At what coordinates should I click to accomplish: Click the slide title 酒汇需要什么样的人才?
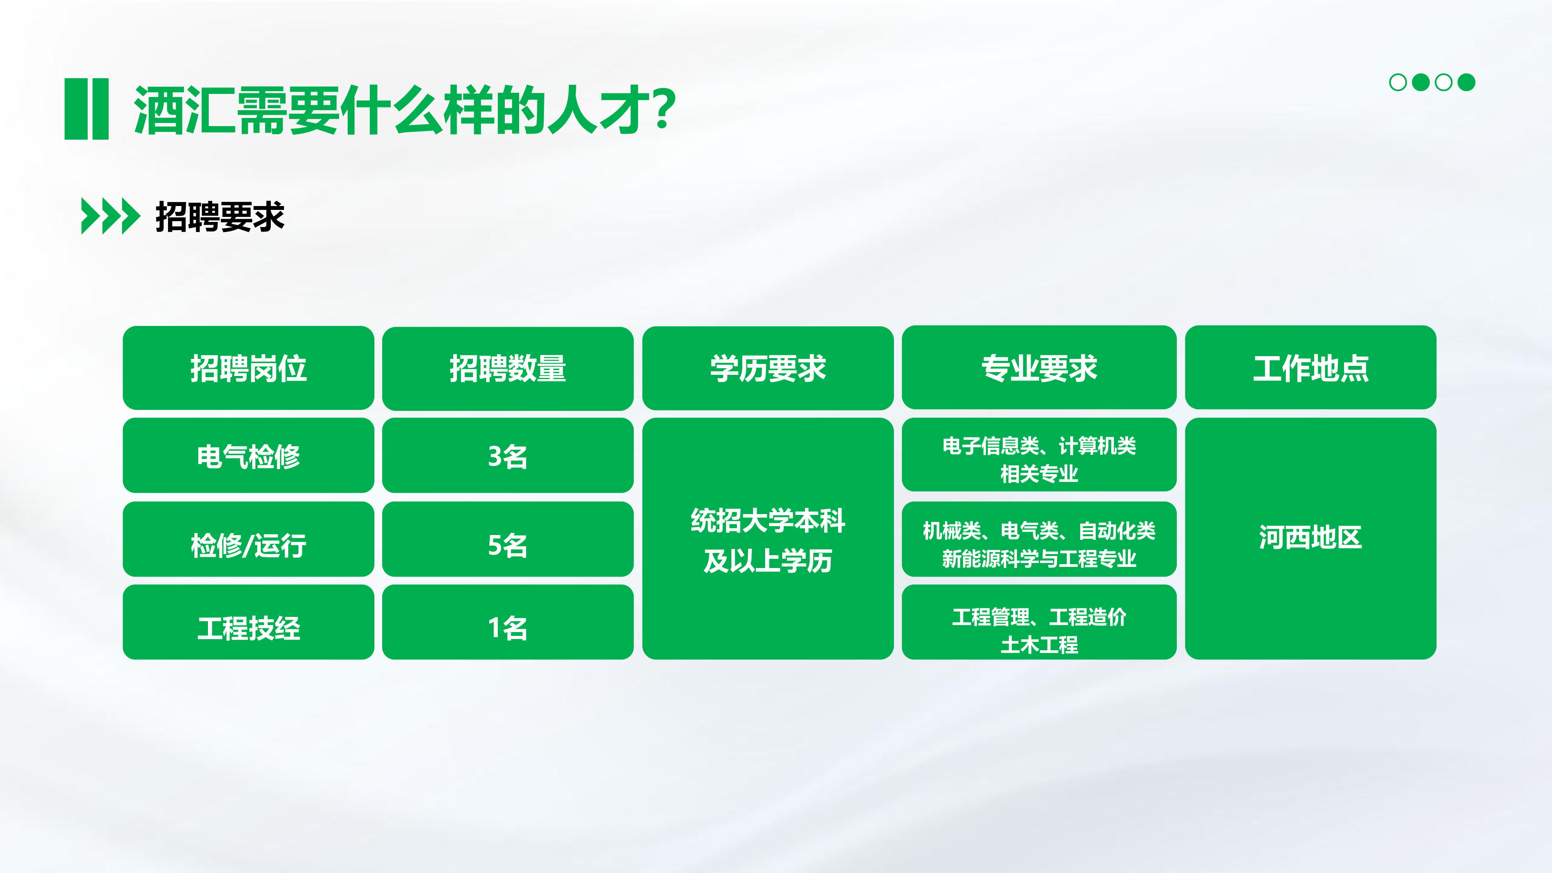[404, 110]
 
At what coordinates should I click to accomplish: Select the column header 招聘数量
[508, 368]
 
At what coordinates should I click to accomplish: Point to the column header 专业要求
[1039, 367]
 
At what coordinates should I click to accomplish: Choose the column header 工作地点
[1310, 367]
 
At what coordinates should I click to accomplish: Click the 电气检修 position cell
[248, 456]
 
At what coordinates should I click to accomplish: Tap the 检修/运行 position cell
[248, 539]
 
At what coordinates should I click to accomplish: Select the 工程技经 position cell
[248, 622]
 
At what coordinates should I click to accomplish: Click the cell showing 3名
[508, 456]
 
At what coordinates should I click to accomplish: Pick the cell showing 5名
[508, 539]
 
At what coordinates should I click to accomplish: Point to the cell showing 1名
[508, 622]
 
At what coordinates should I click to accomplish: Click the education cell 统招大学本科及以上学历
[767, 539]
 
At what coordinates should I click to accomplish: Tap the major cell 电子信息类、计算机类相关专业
[1039, 455]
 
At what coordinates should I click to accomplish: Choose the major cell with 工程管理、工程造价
[1039, 622]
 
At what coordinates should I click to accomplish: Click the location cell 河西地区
[1310, 539]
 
